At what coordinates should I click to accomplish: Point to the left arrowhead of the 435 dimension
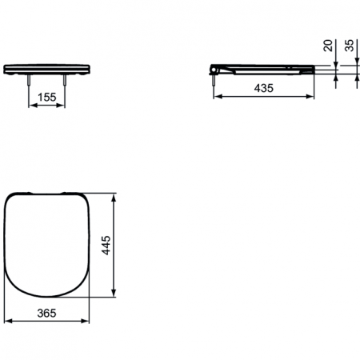[216, 96]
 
